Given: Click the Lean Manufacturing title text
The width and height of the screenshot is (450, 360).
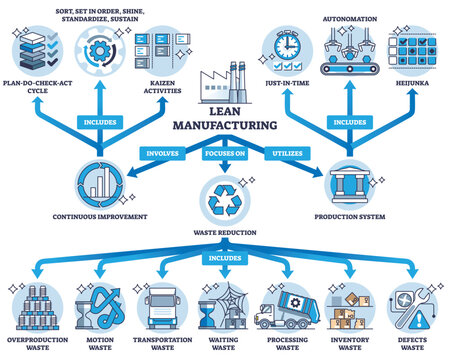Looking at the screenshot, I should tap(224, 120).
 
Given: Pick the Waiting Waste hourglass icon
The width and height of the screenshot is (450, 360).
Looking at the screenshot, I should tap(223, 307).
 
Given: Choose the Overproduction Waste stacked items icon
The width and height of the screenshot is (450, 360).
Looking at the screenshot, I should tap(39, 307).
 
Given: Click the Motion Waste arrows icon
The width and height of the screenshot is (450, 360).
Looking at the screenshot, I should tap(100, 307).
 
